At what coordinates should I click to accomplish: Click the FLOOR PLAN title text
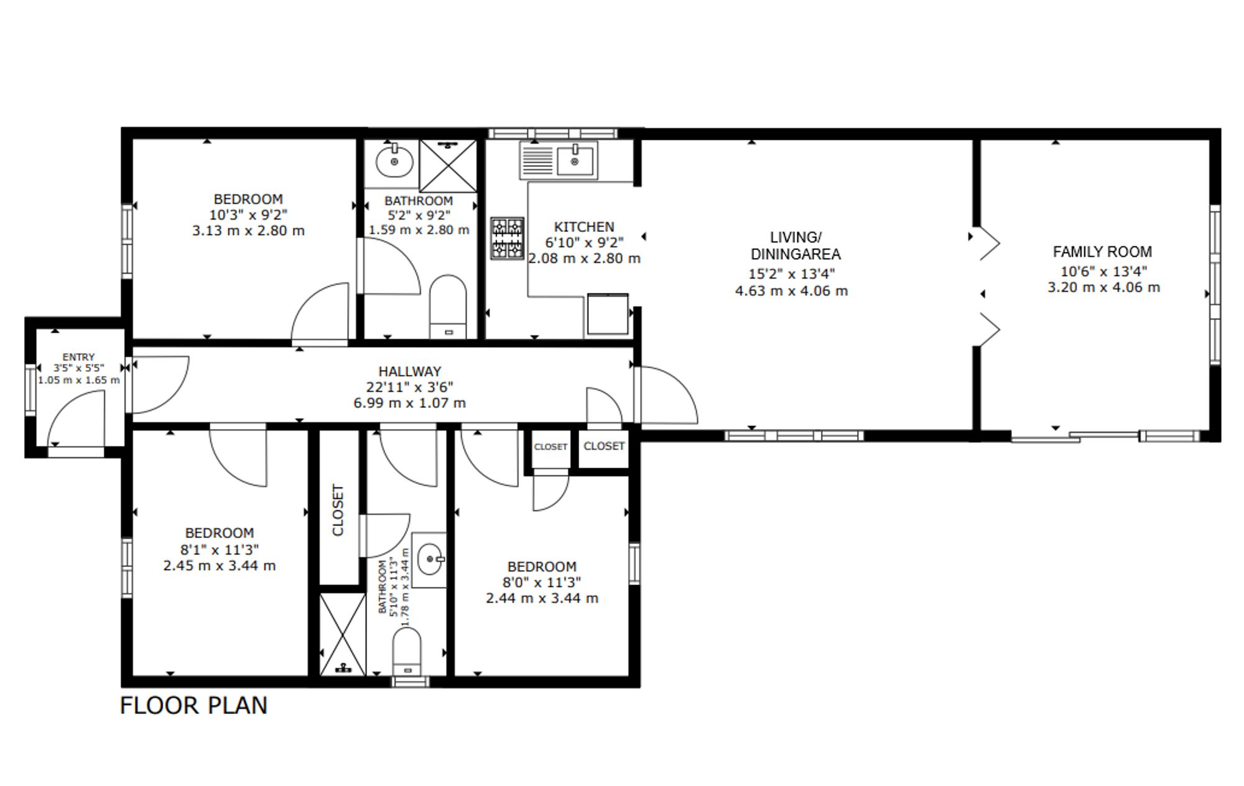[193, 706]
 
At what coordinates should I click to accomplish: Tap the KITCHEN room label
[584, 227]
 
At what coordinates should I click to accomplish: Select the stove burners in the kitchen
[508, 238]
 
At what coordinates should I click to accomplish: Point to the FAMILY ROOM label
[1102, 252]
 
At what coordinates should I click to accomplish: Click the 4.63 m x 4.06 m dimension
[791, 290]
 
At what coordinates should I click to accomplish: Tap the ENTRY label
[78, 357]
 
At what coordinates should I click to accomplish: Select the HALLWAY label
[410, 371]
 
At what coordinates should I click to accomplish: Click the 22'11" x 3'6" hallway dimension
[409, 387]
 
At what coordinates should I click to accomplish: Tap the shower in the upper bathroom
[448, 166]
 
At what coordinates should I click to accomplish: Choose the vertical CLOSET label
[338, 510]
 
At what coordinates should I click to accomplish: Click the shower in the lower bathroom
[343, 634]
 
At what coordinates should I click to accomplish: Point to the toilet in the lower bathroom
[407, 651]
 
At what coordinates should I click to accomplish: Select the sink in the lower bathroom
[430, 560]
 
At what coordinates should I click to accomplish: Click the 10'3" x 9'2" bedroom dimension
[248, 215]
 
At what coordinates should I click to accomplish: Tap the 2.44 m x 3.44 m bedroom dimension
[542, 598]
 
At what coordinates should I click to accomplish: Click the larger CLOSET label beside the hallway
[604, 446]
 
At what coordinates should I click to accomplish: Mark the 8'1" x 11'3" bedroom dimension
[220, 550]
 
